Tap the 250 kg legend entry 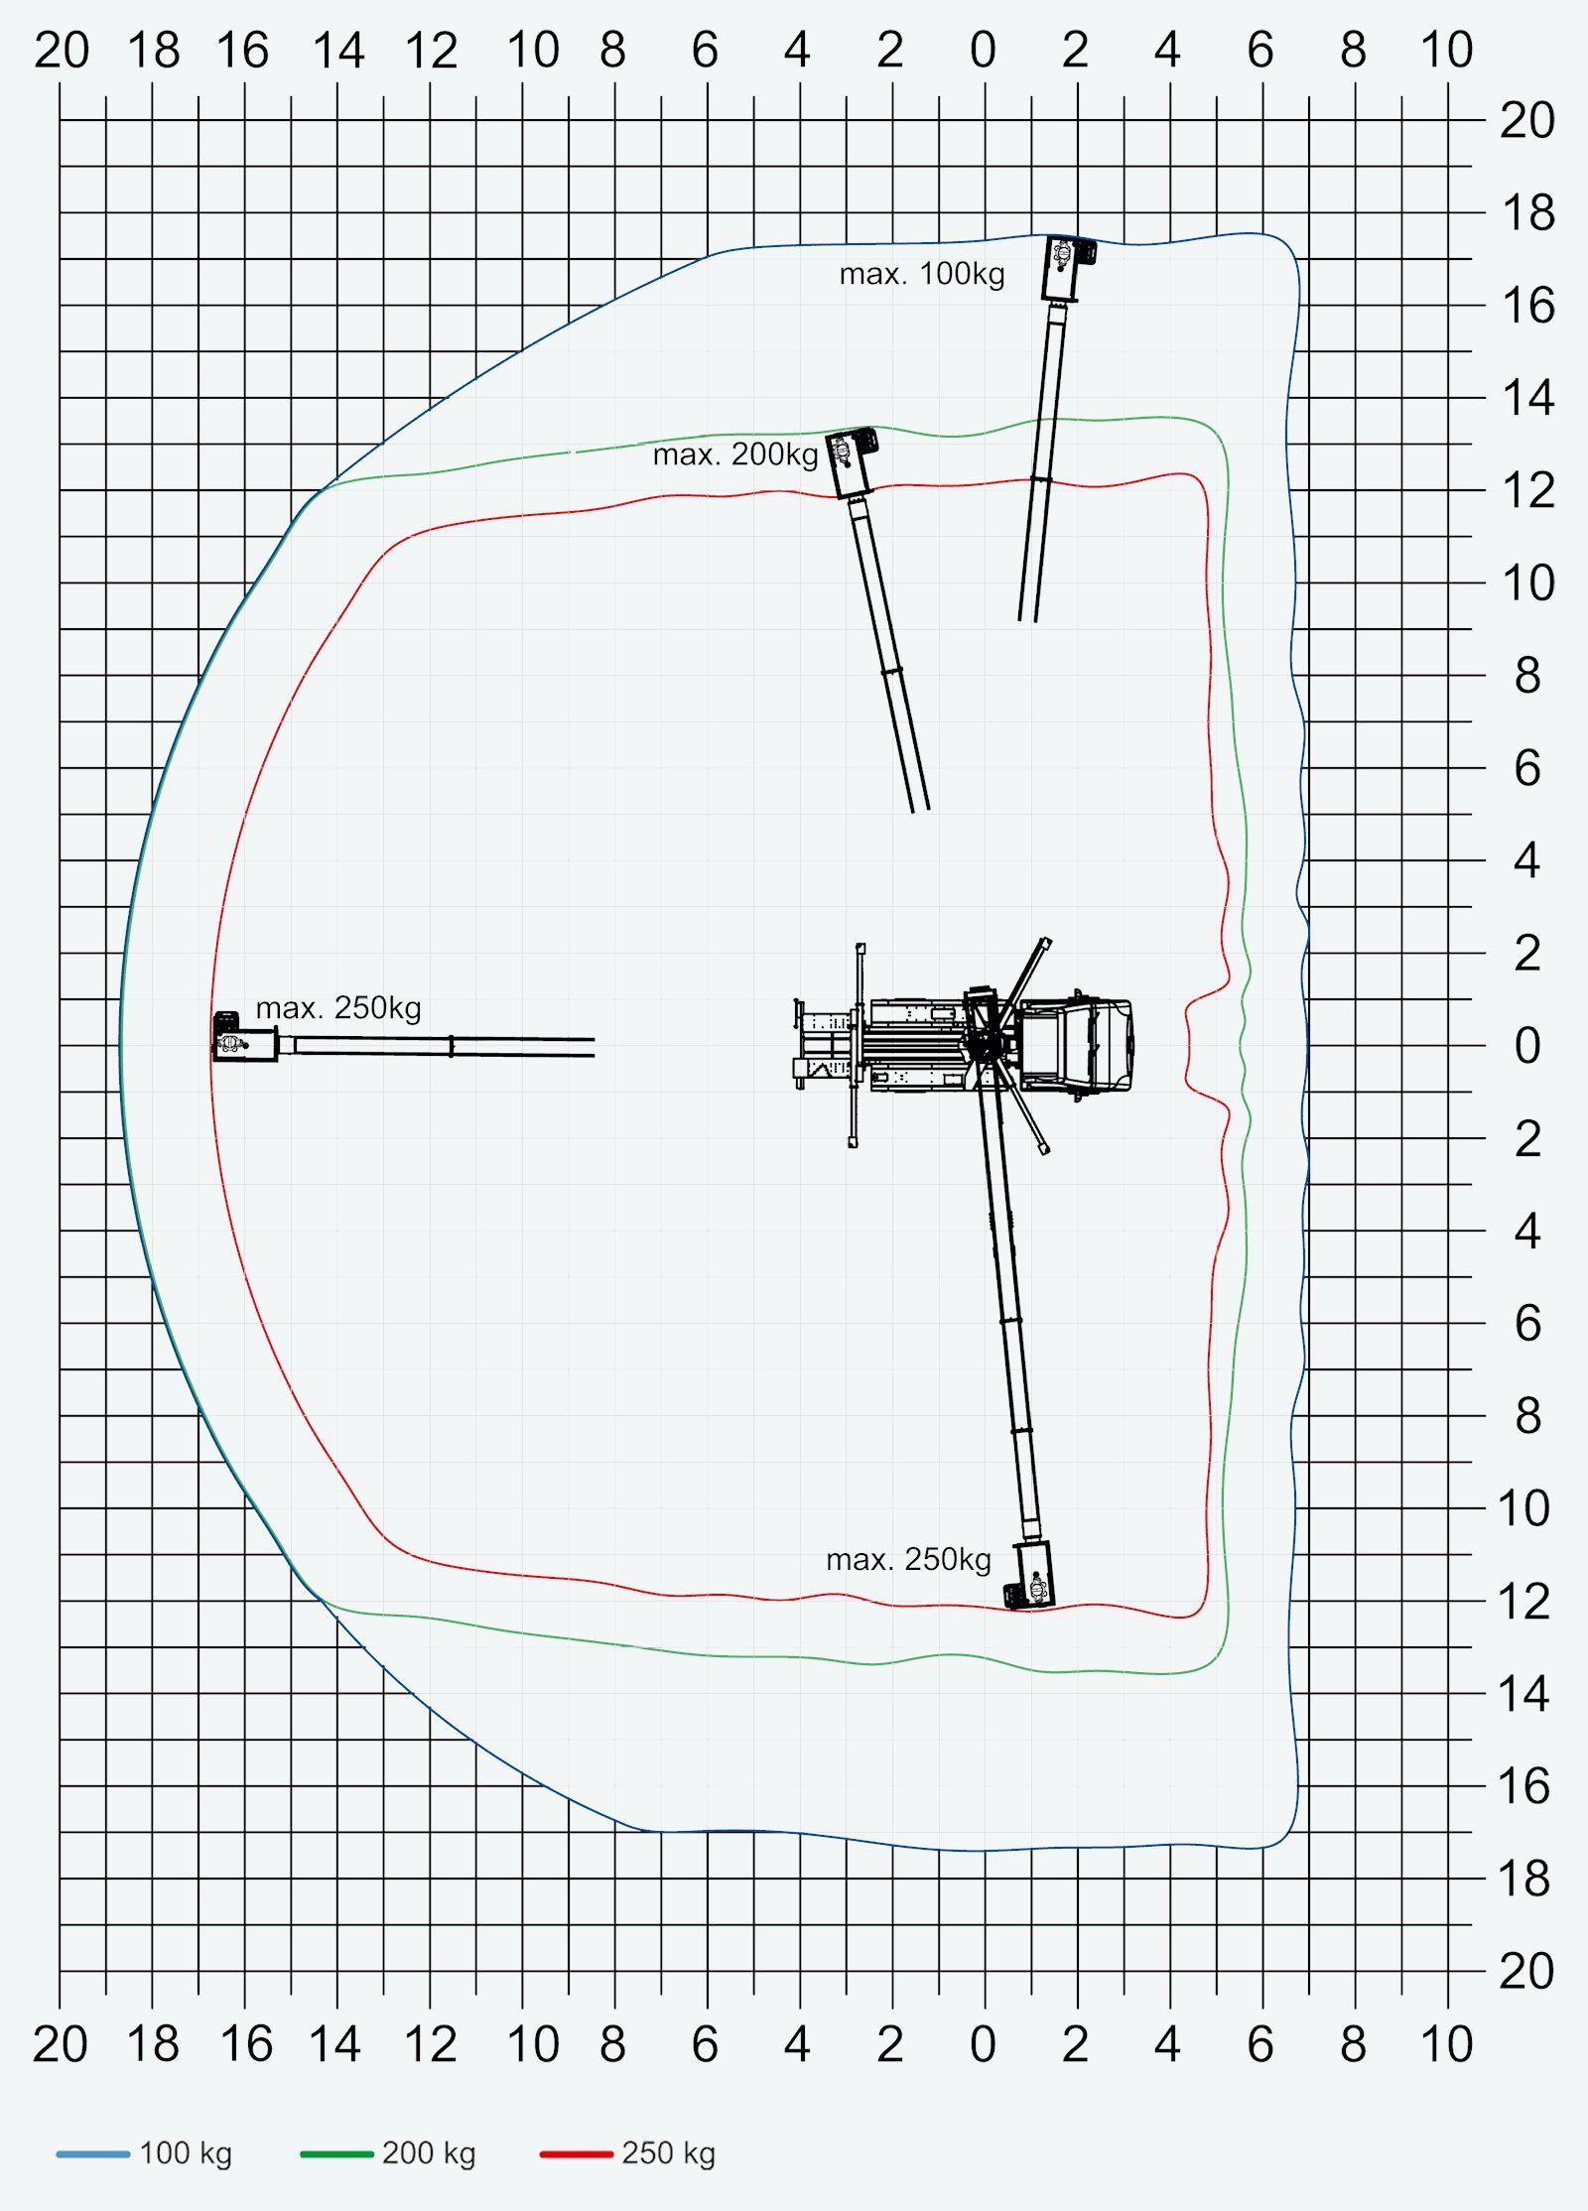628,2152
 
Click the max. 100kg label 921,274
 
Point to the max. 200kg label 734,455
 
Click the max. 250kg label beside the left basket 338,1008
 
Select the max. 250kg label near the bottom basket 908,1559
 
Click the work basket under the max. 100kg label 1066,268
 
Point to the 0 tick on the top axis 983,50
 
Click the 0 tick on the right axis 1527,1045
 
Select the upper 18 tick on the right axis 1527,213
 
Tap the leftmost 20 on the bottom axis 60,2044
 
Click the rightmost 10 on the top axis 1446,50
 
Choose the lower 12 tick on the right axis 1524,1602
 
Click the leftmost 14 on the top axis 337,50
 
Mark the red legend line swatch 576,2153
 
